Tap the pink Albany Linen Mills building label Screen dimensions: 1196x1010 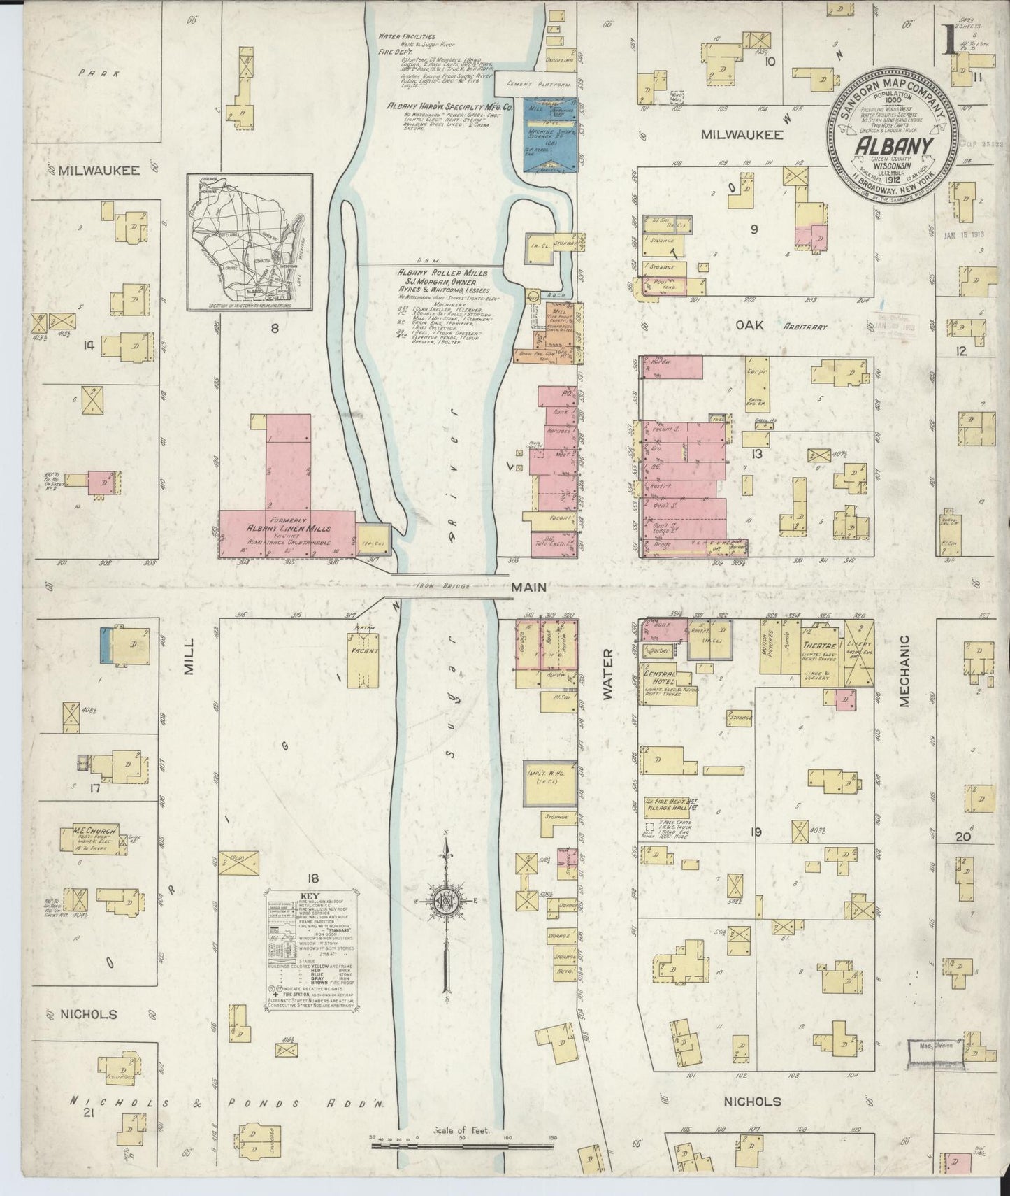[x=277, y=529]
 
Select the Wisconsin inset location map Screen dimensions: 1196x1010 [x=249, y=242]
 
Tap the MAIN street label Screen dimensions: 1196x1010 [x=531, y=588]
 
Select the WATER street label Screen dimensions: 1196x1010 [x=606, y=675]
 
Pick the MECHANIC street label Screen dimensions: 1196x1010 [x=904, y=671]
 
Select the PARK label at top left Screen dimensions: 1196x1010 [x=92, y=72]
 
